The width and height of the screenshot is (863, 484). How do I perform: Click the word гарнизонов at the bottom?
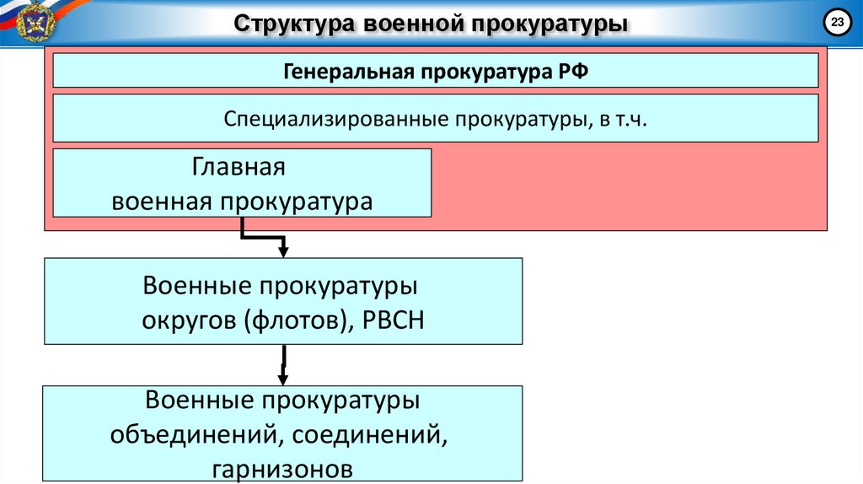coord(283,469)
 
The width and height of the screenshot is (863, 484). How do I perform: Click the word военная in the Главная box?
coord(162,202)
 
